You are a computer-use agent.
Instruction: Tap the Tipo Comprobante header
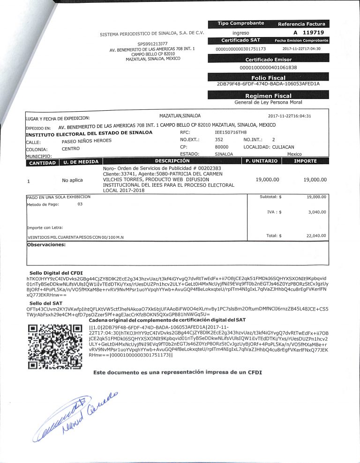(x=240, y=23)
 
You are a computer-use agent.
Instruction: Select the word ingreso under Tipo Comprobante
(x=240, y=33)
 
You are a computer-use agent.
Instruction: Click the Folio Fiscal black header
(x=268, y=78)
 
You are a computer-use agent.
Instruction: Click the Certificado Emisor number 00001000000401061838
(x=268, y=68)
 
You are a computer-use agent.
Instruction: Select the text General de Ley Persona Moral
(x=268, y=102)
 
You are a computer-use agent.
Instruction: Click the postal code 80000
(x=221, y=147)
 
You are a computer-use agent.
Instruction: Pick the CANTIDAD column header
(x=43, y=162)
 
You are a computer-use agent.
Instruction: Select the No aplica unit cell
(x=72, y=180)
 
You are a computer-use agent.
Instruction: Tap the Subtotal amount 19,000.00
(x=316, y=197)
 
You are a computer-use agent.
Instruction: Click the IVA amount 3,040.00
(x=317, y=212)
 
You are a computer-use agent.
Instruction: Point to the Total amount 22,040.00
(x=316, y=235)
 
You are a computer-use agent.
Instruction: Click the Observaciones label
(x=46, y=244)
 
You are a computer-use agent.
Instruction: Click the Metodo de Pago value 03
(x=80, y=204)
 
